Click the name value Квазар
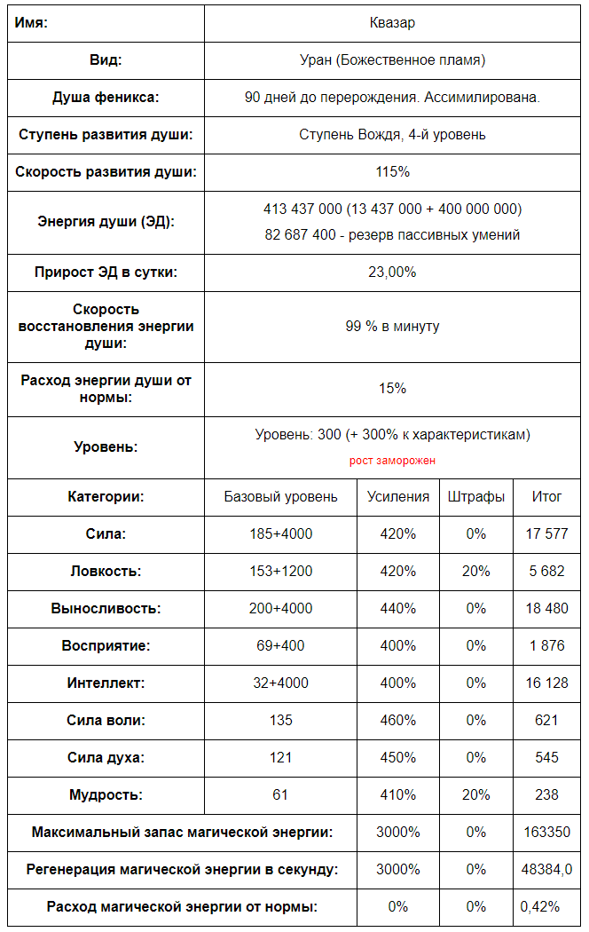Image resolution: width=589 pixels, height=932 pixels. [x=392, y=23]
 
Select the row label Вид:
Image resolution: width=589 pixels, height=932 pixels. [x=106, y=60]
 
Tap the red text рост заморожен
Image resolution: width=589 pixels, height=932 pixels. [x=392, y=461]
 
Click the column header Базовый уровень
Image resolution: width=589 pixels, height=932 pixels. [x=280, y=497]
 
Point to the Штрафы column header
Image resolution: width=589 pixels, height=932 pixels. [x=476, y=497]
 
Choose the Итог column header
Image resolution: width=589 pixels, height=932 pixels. [x=546, y=497]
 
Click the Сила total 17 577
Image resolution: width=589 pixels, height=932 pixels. [x=546, y=534]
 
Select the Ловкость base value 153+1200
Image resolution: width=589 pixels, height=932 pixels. [x=280, y=572]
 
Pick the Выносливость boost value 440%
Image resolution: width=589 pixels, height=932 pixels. [x=398, y=609]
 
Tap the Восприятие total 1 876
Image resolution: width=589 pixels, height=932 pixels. [x=546, y=646]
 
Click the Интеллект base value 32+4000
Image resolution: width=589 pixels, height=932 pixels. [x=280, y=683]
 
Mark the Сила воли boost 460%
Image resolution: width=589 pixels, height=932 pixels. [x=398, y=721]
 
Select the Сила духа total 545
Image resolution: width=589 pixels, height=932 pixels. [x=546, y=758]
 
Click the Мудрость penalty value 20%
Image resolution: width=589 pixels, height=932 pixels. [x=476, y=795]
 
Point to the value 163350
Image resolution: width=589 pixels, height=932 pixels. [x=546, y=833]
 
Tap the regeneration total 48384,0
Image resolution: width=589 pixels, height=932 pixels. [x=546, y=870]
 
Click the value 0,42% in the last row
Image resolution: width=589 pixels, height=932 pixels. [x=541, y=907]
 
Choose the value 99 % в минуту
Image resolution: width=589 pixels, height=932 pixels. [x=392, y=327]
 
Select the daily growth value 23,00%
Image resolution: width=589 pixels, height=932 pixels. [x=392, y=272]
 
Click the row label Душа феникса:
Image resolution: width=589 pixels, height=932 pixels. [x=106, y=98]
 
